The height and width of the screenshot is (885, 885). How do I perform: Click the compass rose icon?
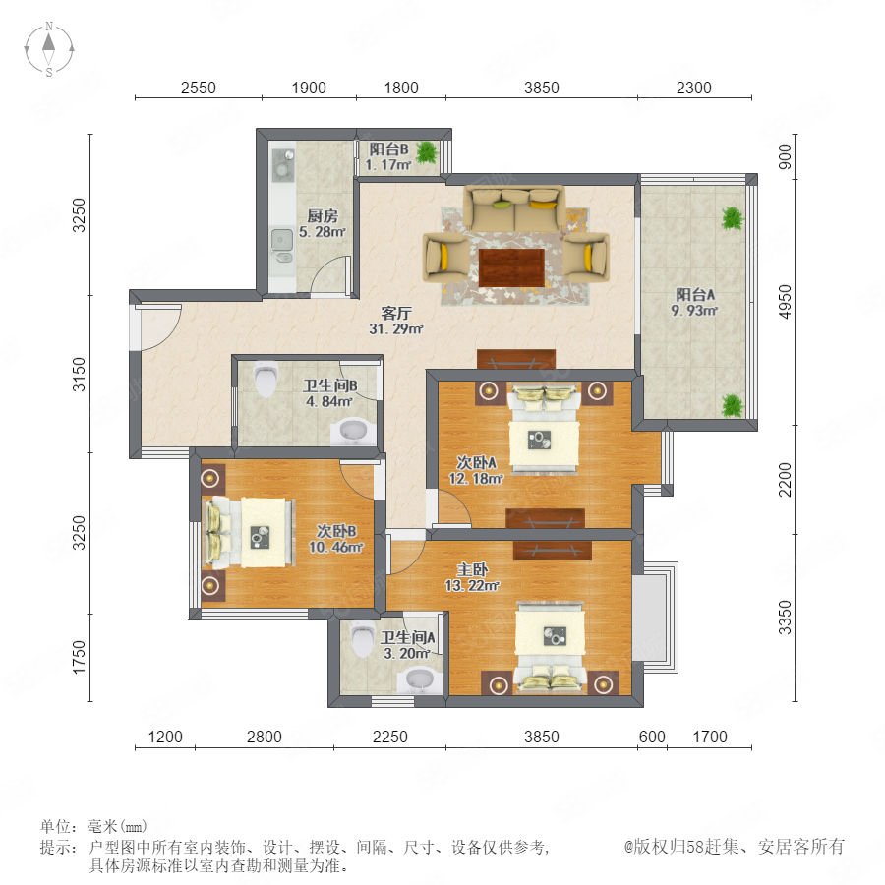(49, 48)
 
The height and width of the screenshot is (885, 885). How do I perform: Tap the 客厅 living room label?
(396, 313)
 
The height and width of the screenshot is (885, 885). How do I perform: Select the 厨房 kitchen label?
(323, 216)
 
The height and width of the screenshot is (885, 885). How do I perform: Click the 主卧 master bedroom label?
(472, 569)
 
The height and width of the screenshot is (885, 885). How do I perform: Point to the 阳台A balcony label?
(695, 295)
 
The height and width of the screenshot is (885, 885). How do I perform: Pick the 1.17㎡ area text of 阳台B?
(388, 165)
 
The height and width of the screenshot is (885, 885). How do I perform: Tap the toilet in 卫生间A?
(362, 638)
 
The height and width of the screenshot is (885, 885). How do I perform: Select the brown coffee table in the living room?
(511, 267)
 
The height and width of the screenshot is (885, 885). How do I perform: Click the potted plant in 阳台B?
(428, 151)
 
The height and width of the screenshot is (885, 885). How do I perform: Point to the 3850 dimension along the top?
(541, 88)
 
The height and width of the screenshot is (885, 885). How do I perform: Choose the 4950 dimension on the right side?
(785, 302)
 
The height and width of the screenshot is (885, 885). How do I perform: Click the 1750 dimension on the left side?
(79, 657)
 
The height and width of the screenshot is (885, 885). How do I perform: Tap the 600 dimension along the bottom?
(652, 737)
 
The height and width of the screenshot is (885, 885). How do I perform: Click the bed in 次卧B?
(249, 532)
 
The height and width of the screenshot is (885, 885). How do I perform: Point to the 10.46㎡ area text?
(335, 547)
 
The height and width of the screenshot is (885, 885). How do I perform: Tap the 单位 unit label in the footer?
(56, 827)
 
